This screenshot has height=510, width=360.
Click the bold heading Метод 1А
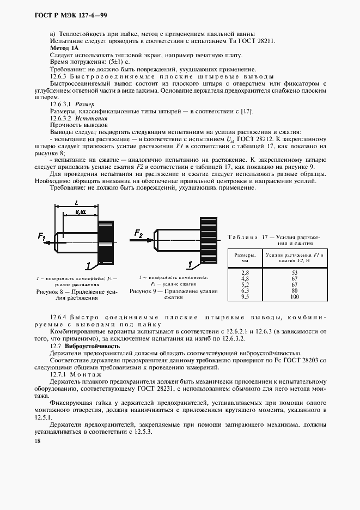point(64,48)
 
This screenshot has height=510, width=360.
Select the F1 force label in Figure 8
point(42,236)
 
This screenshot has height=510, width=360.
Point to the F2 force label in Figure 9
point(138,234)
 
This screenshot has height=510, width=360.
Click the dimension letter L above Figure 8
point(75,203)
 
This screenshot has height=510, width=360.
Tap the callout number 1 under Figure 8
point(88,265)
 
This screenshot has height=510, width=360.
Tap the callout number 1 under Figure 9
point(190,265)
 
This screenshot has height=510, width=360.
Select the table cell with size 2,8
point(245,271)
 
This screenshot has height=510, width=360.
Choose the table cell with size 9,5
point(245,296)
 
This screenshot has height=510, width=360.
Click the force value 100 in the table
point(295,296)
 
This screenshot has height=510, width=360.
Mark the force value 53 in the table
point(295,271)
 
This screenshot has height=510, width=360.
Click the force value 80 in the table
point(295,290)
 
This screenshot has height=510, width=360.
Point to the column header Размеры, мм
point(245,258)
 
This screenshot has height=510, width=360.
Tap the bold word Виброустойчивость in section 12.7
point(91,346)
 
